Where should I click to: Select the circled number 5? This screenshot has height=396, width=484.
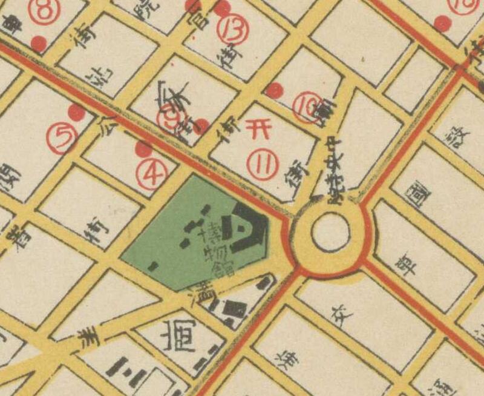tap(64, 139)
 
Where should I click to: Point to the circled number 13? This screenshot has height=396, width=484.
tap(233, 31)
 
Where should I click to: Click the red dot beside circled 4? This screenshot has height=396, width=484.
tap(143, 149)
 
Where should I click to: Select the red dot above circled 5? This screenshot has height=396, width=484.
tap(76, 112)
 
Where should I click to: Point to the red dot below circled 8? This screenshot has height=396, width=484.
tap(39, 44)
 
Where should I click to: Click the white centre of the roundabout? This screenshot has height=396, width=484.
tap(330, 233)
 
